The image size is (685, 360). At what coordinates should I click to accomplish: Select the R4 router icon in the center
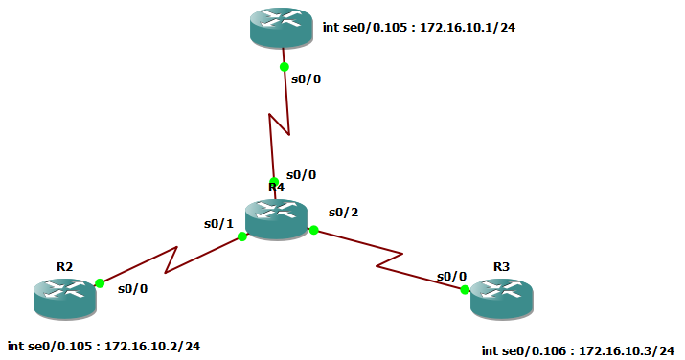click(x=276, y=219)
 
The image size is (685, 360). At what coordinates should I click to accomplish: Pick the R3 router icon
click(x=501, y=299)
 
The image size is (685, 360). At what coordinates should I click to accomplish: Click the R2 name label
click(x=64, y=265)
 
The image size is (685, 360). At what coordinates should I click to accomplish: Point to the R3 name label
click(x=502, y=265)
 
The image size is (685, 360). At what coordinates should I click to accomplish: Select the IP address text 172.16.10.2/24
click(x=152, y=345)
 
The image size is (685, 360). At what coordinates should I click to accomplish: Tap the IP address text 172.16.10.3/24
click(x=627, y=351)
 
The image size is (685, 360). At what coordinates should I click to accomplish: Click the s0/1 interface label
click(x=218, y=224)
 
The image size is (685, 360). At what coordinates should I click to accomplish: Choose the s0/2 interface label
click(x=343, y=211)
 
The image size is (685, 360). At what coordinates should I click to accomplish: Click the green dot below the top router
click(x=284, y=67)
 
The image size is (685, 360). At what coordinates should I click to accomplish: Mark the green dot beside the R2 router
click(x=100, y=283)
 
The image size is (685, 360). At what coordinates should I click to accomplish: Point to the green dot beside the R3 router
click(x=465, y=289)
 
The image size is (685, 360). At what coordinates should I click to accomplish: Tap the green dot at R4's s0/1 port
click(x=242, y=236)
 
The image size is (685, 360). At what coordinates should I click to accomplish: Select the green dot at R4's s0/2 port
click(x=313, y=230)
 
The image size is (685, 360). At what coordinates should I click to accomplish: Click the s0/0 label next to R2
click(x=133, y=287)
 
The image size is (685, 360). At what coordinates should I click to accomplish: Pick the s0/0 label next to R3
click(x=451, y=276)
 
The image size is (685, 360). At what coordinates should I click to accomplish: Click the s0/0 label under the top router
click(x=306, y=79)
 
